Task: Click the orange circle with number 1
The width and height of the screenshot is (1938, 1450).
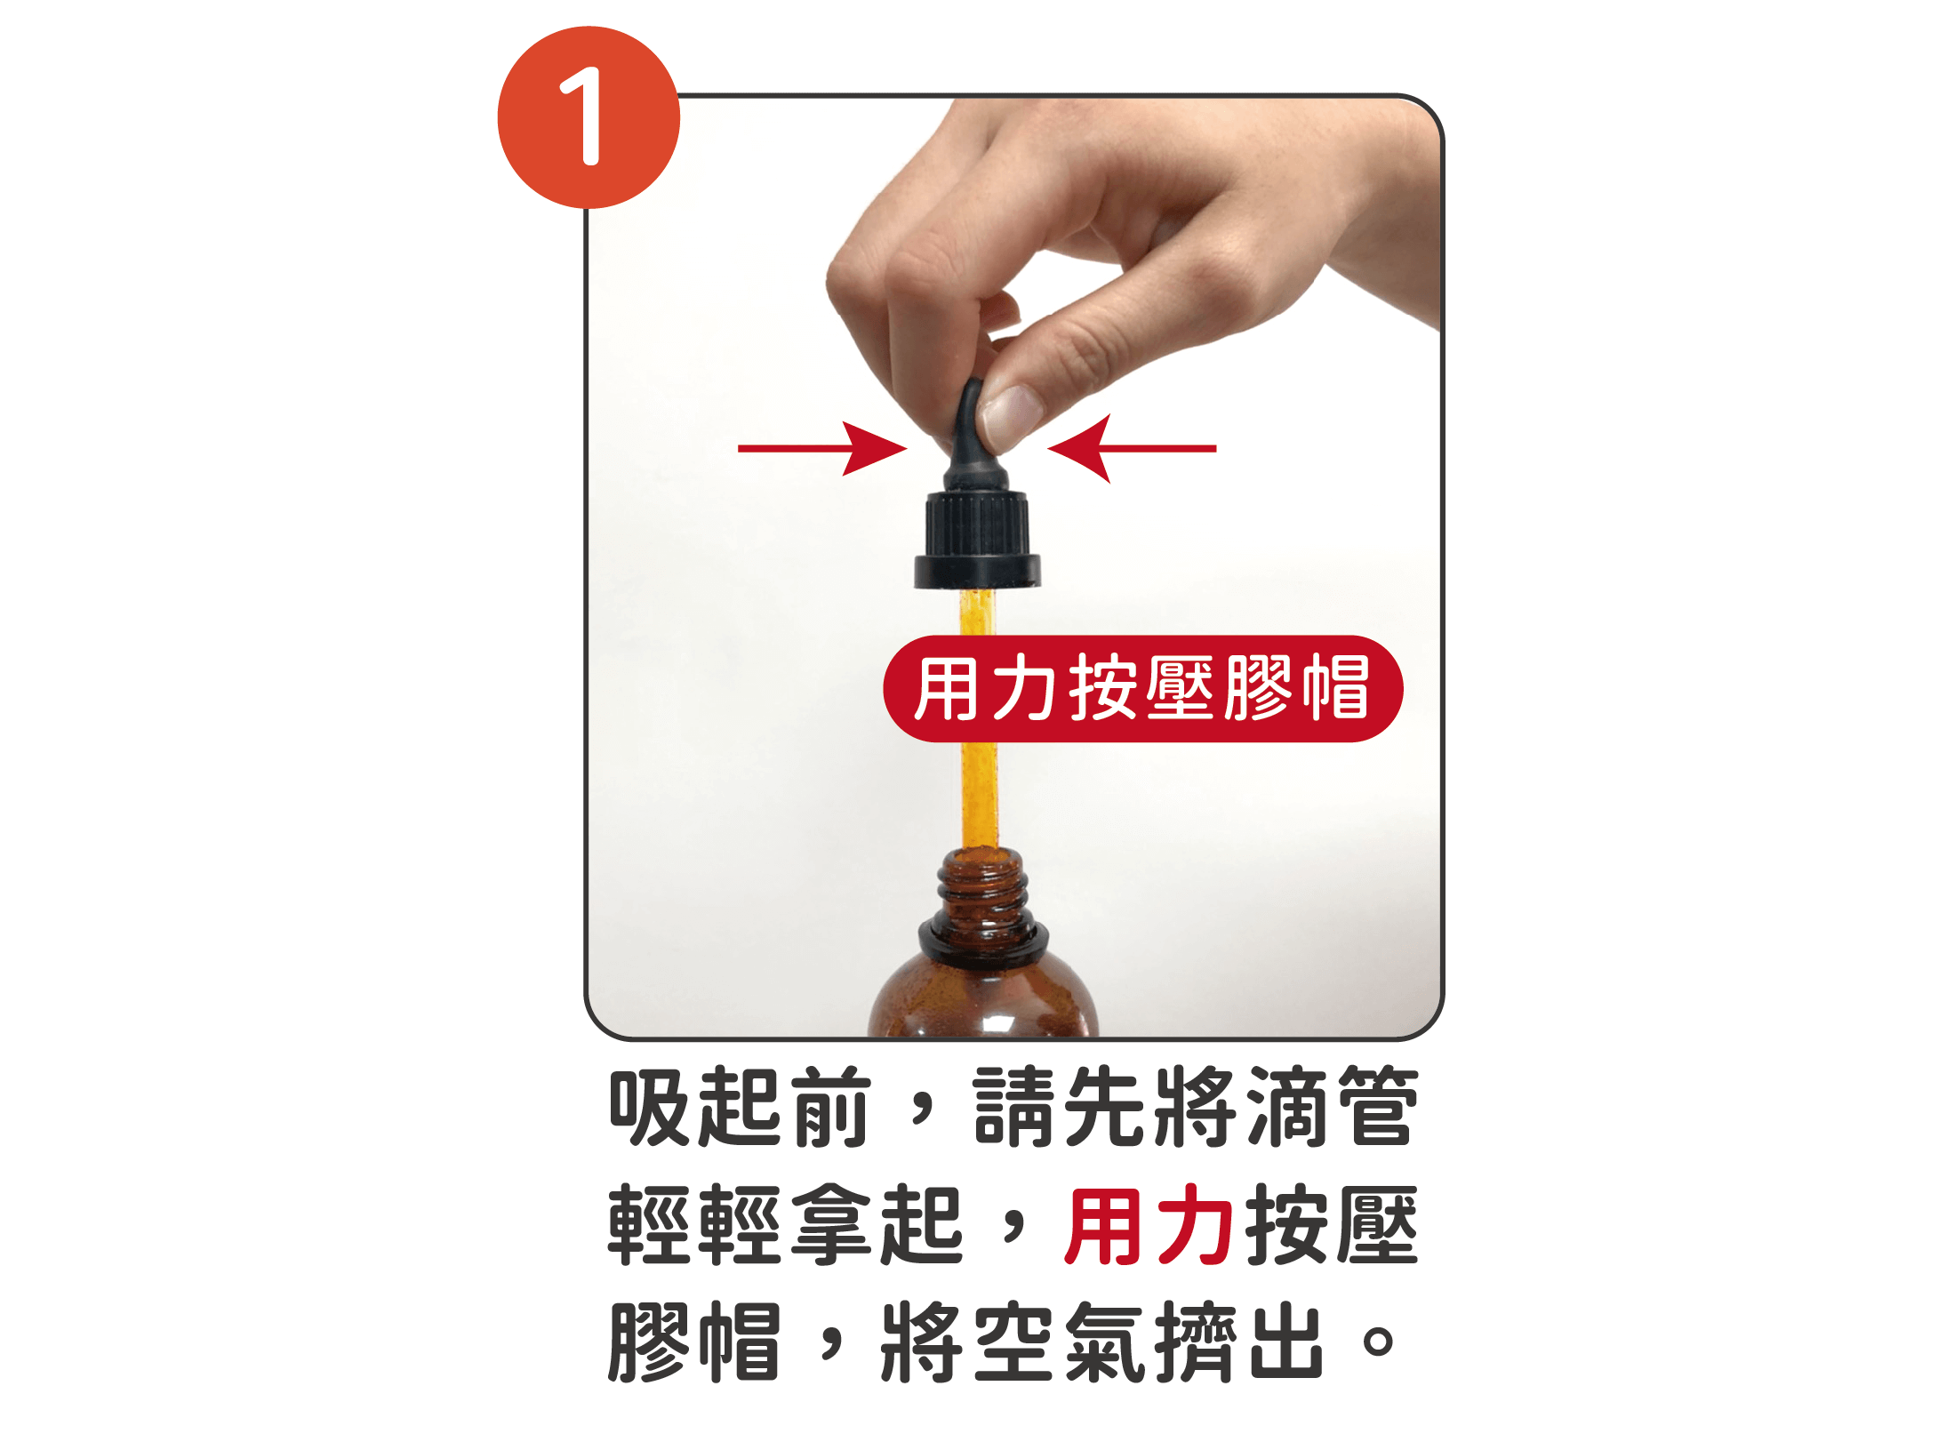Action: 589,117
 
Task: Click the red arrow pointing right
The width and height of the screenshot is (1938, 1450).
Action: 823,448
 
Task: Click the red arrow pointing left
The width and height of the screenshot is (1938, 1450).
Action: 1131,448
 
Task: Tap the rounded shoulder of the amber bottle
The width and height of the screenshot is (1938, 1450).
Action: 982,996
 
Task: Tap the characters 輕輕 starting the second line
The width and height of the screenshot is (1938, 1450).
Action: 694,1227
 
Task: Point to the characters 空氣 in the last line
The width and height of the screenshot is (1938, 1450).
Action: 1058,1343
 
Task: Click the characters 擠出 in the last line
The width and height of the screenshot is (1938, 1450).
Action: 1240,1343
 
